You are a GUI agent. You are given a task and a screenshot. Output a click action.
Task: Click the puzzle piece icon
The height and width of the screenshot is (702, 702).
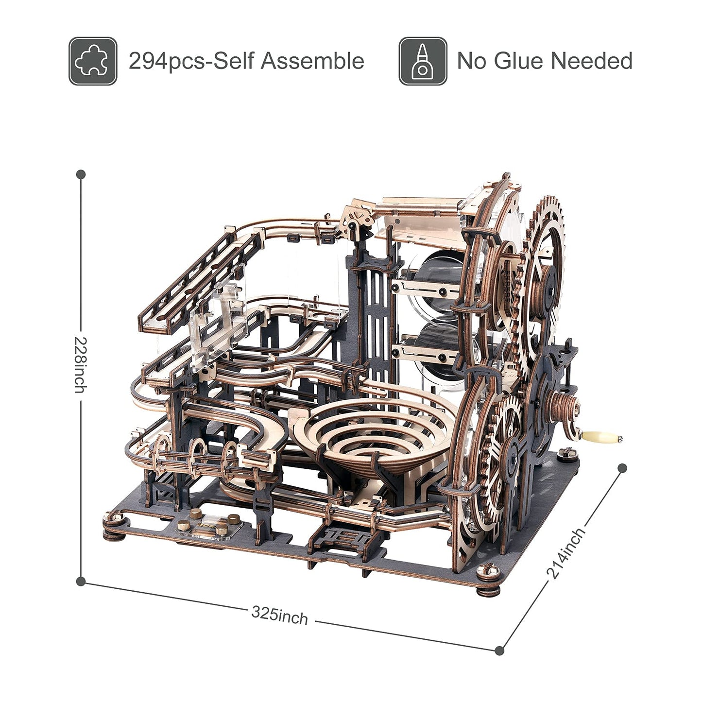coord(93,61)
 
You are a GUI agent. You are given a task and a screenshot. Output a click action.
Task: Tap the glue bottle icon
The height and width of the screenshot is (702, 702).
coord(423,61)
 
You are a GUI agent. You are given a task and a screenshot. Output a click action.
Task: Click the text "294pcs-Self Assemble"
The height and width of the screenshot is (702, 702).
coord(246,61)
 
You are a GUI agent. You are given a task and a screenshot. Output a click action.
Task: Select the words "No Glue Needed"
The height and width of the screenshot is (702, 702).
coord(545,61)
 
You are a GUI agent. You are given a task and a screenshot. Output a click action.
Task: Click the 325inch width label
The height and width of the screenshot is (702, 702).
coord(280,615)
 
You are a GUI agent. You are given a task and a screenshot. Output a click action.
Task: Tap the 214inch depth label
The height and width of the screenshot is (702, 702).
coord(566,554)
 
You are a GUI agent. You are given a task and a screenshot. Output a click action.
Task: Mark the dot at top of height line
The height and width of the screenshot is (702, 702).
coord(81,174)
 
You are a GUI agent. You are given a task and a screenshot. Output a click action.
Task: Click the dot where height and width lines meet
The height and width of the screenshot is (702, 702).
coord(81,581)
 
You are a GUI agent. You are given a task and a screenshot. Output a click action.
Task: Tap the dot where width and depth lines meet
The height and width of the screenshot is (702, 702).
coord(500,650)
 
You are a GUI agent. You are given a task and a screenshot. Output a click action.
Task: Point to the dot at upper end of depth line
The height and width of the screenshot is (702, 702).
coord(622,468)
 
